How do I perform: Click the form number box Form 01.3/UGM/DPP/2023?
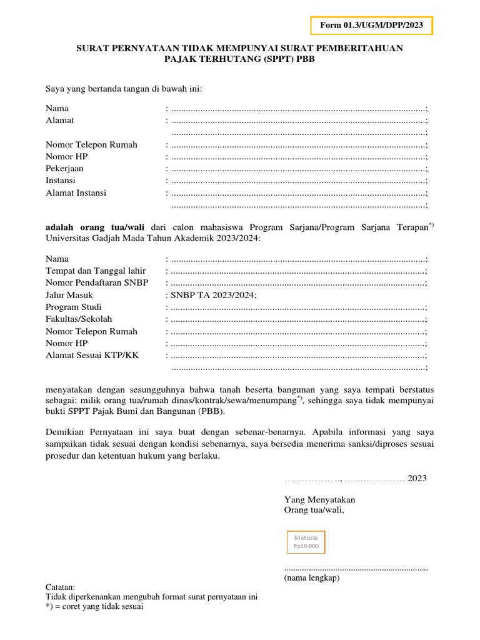371,26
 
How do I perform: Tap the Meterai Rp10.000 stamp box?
306,542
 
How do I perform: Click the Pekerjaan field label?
64,169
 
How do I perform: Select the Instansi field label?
61,181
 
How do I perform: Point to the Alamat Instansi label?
76,192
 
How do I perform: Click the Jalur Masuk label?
69,295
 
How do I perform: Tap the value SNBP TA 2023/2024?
213,295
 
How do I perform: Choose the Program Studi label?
74,307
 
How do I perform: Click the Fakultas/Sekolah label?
79,319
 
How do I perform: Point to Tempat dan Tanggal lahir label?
96,271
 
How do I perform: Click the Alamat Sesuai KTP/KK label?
92,355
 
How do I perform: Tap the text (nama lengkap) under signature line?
311,578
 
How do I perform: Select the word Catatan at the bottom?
60,587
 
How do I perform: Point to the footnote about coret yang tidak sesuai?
94,606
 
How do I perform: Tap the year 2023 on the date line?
417,478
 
